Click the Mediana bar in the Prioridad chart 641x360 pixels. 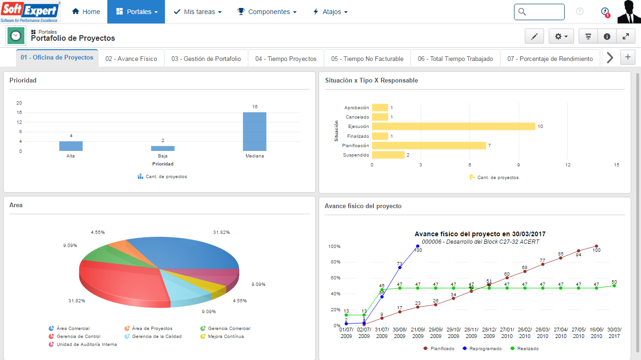click(254, 132)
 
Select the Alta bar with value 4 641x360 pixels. click(71, 146)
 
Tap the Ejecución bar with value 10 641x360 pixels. click(453, 127)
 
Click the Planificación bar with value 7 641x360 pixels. click(429, 146)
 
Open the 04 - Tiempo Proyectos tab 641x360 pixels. click(286, 59)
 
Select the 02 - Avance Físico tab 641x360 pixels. click(131, 59)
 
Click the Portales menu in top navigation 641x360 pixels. click(136, 12)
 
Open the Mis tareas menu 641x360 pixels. click(197, 12)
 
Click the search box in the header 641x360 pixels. click(539, 12)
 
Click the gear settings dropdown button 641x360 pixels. click(561, 37)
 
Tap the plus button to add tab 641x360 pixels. click(628, 57)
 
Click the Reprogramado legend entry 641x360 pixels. click(482, 349)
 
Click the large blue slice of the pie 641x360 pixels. click(187, 253)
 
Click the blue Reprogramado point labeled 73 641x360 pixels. click(400, 267)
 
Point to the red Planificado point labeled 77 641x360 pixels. click(543, 264)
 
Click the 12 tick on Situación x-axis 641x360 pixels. click(567, 165)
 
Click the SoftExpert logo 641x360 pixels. click(30, 12)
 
